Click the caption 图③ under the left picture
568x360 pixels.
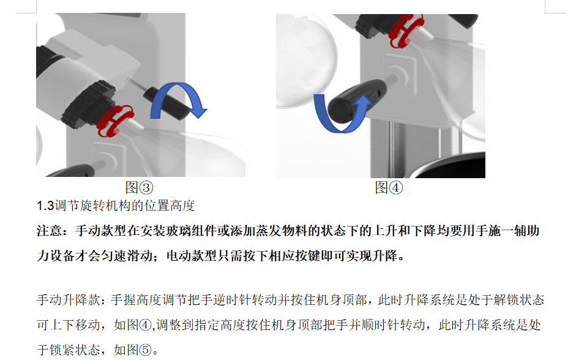tap(139, 187)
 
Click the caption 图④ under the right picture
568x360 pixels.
tap(389, 187)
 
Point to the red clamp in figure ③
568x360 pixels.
tap(115, 121)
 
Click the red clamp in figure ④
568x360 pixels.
tap(406, 31)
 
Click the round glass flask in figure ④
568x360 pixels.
tap(306, 61)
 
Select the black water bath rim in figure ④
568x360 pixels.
tap(449, 165)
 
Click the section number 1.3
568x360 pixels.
tap(45, 206)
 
